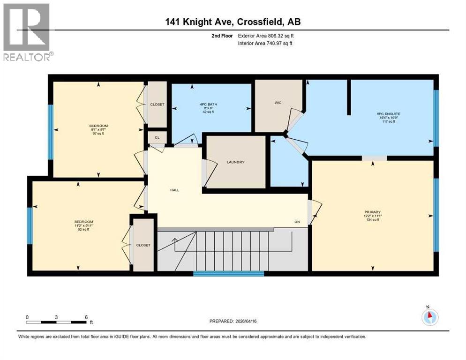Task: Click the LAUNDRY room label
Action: [x=236, y=162]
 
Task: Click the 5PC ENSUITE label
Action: [x=389, y=113]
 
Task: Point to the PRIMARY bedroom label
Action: [x=372, y=211]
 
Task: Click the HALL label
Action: [x=175, y=190]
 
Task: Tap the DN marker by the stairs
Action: [x=297, y=222]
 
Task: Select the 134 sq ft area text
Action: [x=372, y=219]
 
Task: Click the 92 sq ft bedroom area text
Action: [x=83, y=230]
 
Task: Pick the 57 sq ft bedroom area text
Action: [x=98, y=134]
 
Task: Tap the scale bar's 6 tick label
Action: [x=86, y=317]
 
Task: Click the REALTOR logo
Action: [x=27, y=32]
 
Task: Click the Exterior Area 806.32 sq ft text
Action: [x=266, y=36]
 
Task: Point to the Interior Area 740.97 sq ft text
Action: [x=266, y=44]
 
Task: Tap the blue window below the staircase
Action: [x=228, y=274]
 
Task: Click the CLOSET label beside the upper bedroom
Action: [x=158, y=105]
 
